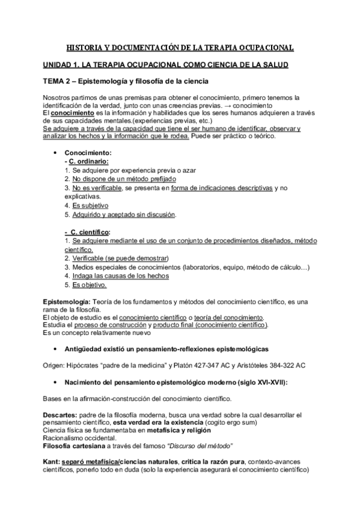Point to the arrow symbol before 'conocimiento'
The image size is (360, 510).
(x=237, y=105)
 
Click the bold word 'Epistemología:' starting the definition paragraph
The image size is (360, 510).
(x=67, y=301)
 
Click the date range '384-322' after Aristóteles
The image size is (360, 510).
(x=277, y=364)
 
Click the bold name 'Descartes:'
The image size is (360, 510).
(x=61, y=415)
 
